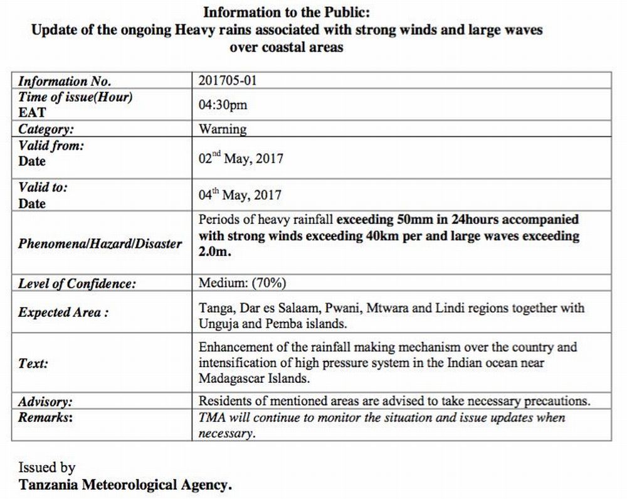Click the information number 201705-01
(228, 81)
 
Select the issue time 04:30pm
(223, 105)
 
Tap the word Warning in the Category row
(223, 129)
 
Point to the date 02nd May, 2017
(241, 158)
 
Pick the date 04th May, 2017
(240, 195)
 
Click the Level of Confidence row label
(76, 284)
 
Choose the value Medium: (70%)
(242, 283)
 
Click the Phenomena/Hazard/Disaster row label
(100, 244)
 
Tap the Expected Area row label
(63, 313)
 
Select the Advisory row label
(45, 402)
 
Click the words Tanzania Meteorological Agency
(125, 485)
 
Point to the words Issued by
(46, 468)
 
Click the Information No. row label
(65, 82)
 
